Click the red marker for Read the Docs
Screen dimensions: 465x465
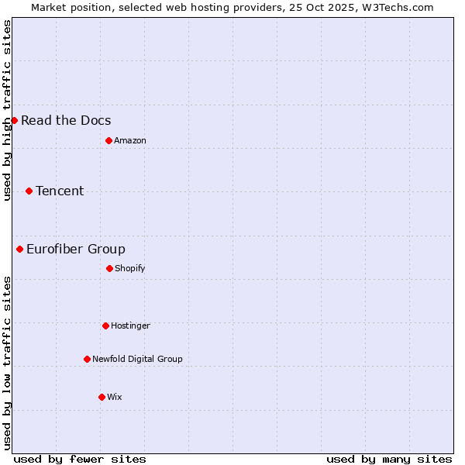(x=14, y=120)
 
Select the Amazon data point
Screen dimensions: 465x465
(x=108, y=140)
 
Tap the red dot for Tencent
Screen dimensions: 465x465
(x=29, y=191)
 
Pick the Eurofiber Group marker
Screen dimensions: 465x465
(x=19, y=249)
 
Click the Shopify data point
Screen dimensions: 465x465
(x=109, y=268)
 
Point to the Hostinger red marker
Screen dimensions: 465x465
(x=105, y=325)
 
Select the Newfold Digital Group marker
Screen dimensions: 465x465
(x=87, y=359)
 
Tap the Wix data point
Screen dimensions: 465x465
(x=102, y=397)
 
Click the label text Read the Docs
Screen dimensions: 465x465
(x=66, y=120)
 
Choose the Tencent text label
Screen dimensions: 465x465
(x=60, y=191)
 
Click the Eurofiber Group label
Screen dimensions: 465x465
(x=76, y=249)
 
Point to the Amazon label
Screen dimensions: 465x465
(x=130, y=140)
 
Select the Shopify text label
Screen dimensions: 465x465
(x=130, y=268)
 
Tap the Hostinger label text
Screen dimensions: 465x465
(x=130, y=325)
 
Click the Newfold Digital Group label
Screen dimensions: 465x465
(x=137, y=359)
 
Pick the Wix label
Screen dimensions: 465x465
(x=115, y=397)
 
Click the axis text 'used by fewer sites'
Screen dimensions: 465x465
(x=80, y=459)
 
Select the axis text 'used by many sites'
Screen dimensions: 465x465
(x=389, y=459)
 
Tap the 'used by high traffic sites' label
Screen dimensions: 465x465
(x=7, y=110)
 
